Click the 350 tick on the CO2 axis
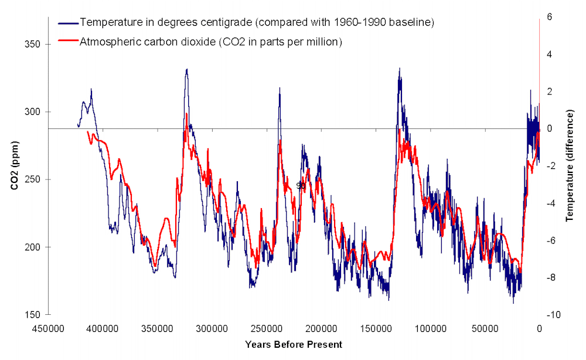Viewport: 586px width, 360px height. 35,45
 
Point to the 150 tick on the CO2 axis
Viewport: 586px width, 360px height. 35,315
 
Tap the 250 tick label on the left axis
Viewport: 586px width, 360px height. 35,179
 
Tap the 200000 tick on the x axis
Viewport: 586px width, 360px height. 321,329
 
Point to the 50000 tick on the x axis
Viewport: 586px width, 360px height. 484,329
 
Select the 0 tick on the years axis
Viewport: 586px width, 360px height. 539,329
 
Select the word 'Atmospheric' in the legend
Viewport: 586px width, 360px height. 107,42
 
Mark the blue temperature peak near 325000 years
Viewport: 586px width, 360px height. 187,69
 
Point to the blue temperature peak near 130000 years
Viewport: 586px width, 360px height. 399,69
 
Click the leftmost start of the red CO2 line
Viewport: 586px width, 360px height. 87,132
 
